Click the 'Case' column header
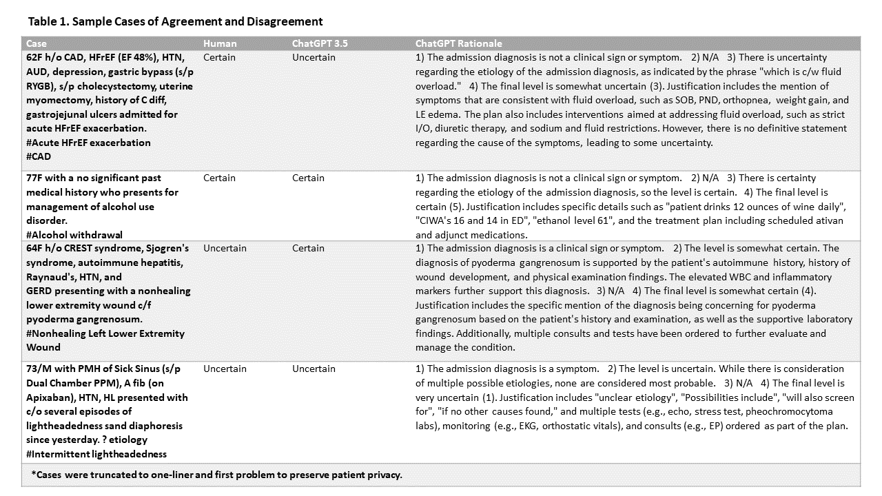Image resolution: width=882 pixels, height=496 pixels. tap(36, 43)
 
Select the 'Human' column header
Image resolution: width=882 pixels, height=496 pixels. tap(220, 43)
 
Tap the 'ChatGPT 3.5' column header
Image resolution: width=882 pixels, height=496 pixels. tap(320, 43)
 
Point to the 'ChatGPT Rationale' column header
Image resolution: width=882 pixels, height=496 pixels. tap(458, 43)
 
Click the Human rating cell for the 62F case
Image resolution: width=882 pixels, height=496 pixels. tap(220, 57)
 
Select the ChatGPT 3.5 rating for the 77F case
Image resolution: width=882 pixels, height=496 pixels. tap(308, 178)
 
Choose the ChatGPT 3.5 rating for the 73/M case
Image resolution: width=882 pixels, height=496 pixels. tap(314, 369)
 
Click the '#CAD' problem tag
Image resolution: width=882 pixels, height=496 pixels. tap(39, 156)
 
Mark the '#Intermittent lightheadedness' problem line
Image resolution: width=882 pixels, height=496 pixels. tap(96, 453)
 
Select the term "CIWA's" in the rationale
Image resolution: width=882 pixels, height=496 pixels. tap(433, 220)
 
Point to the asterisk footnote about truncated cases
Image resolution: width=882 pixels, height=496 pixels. tap(216, 475)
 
